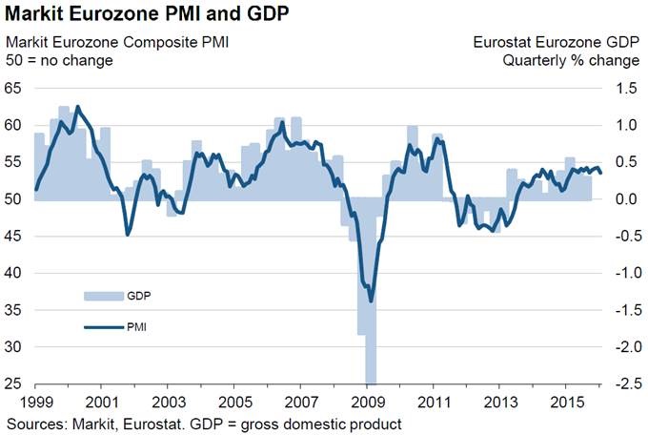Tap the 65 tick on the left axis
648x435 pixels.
tap(13, 89)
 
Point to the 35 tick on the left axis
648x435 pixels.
tap(13, 310)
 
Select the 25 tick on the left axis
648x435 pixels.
tap(13, 384)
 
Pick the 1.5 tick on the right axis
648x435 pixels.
tap(626, 89)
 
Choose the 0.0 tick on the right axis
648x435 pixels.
tap(626, 199)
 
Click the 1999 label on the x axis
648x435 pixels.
tap(35, 403)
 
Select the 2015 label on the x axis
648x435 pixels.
tap(566, 403)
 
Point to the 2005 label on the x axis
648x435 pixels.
tap(234, 403)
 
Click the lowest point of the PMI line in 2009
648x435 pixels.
tap(371, 300)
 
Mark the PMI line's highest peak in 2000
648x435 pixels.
tap(77, 107)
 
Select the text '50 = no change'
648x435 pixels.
tap(60, 61)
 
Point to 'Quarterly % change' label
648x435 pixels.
tap(571, 61)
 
